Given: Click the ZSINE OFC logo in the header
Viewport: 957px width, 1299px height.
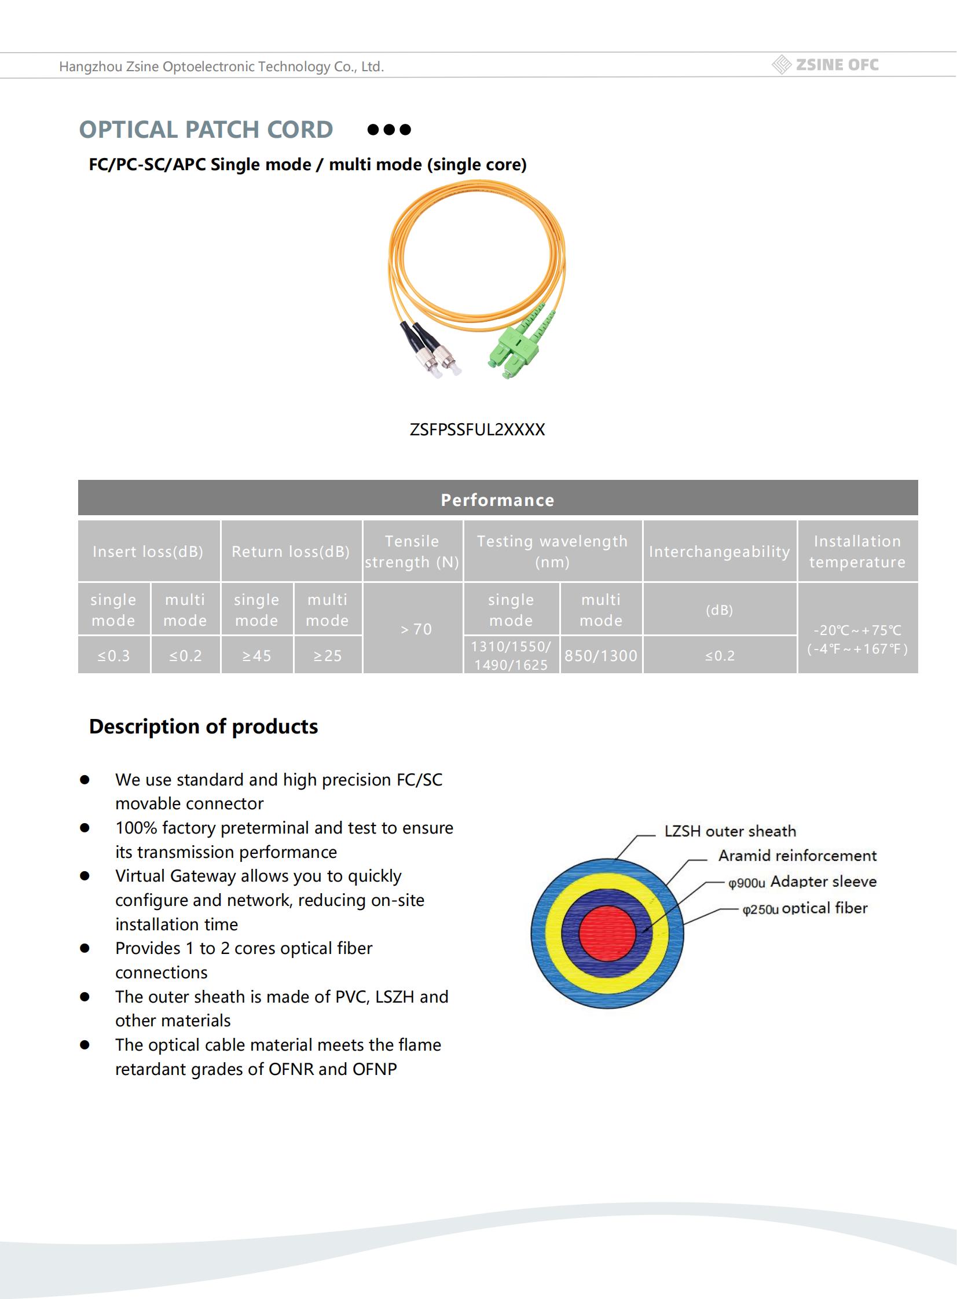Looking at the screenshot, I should (826, 65).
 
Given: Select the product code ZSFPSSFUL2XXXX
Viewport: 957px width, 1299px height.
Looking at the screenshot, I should (476, 430).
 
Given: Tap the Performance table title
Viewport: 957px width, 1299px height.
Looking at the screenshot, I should (497, 500).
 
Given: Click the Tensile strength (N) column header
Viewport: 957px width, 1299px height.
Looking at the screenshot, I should (412, 551).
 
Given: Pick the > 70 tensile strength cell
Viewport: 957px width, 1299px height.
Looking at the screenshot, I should (416, 629).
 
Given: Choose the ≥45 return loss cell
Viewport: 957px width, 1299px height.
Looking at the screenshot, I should (256, 656).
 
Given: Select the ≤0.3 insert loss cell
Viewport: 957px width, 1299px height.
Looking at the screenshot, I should (113, 656).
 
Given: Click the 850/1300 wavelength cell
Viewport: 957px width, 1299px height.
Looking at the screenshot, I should (601, 656).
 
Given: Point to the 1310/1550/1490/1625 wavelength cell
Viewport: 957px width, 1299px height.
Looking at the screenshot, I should (511, 656).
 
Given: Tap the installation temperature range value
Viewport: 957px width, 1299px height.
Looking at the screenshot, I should (857, 639).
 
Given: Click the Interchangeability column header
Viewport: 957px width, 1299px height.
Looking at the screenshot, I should (719, 551).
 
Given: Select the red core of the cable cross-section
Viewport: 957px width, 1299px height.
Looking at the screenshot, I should (607, 933).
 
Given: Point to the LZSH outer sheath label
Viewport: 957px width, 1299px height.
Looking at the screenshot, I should (730, 831).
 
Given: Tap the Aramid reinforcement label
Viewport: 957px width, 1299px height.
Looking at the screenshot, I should (797, 856).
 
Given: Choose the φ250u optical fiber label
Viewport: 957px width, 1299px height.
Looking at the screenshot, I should (805, 908).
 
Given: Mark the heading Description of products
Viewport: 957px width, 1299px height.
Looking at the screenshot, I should (203, 726).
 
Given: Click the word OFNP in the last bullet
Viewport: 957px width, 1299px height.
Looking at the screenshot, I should (374, 1069).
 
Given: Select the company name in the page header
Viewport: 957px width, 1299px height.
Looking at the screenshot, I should (221, 67).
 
